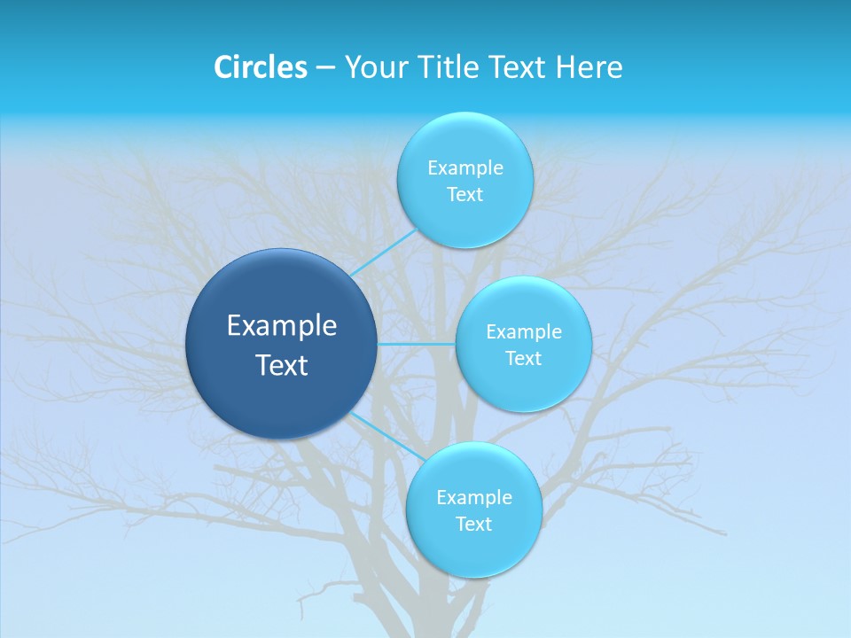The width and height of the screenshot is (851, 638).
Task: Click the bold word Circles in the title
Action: point(261,67)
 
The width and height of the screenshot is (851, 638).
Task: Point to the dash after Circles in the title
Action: point(325,68)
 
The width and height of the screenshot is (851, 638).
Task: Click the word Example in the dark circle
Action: point(282,326)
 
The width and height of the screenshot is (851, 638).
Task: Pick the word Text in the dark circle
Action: point(282,365)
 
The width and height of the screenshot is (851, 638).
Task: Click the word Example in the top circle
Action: point(465,168)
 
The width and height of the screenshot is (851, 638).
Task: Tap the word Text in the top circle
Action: point(465,195)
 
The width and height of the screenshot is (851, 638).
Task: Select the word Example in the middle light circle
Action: point(523,332)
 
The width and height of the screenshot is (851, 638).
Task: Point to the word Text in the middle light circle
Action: point(523,359)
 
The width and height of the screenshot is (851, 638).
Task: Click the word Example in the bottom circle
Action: point(473,498)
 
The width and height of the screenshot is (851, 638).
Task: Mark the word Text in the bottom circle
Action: point(473,525)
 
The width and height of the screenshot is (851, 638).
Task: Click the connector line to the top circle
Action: point(384,253)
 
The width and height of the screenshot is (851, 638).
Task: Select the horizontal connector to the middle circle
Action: point(417,344)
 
